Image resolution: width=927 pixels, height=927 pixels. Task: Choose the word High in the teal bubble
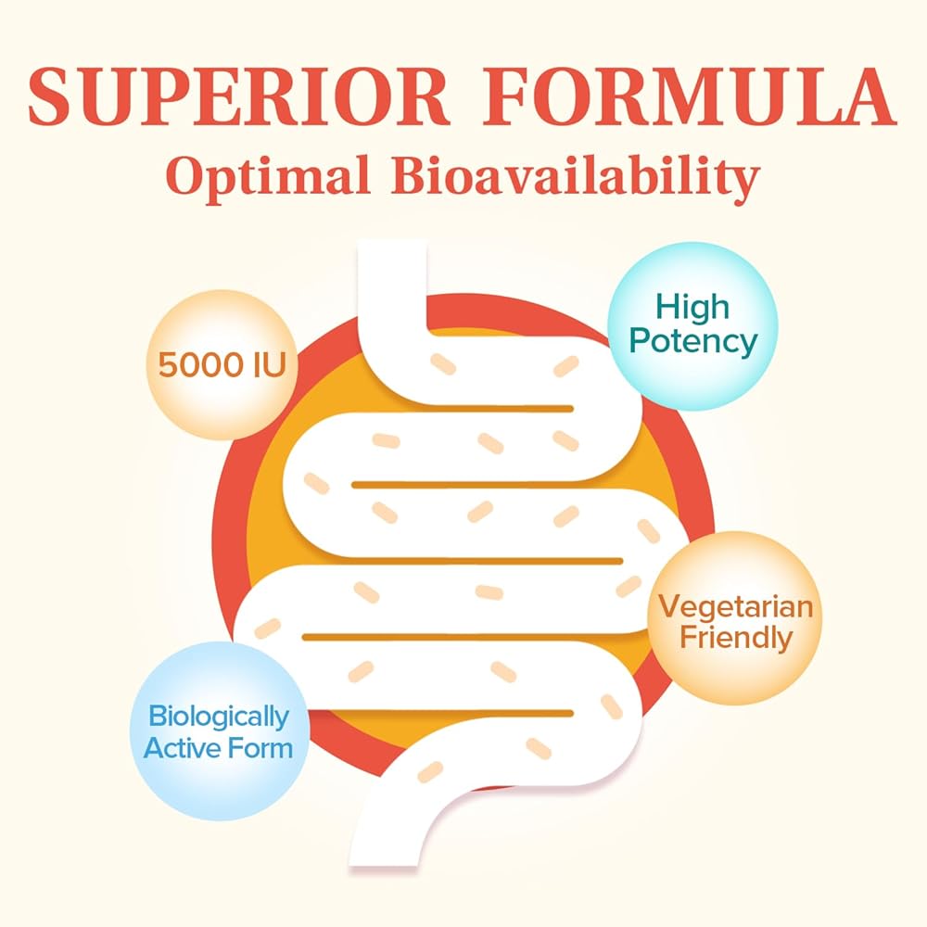693,308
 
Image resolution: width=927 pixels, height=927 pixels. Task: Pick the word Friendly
734,638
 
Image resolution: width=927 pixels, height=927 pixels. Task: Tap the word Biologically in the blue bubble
219,716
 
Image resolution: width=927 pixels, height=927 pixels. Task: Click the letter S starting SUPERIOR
52,96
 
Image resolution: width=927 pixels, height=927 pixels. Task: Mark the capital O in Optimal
187,177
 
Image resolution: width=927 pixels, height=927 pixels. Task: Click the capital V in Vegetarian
667,607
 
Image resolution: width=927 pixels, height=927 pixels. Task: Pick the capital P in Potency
640,341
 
